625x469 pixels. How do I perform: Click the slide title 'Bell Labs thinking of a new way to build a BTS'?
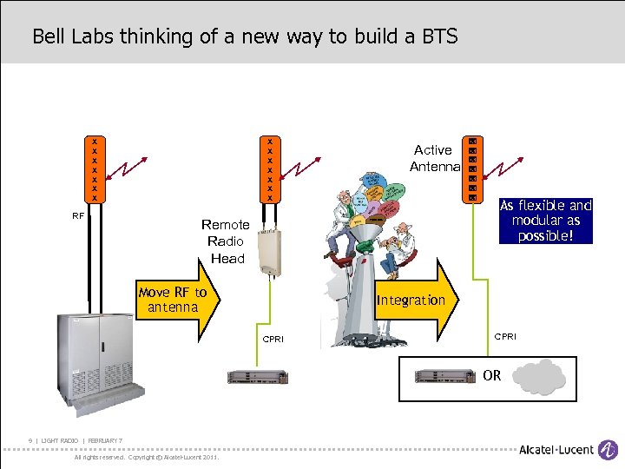click(x=245, y=36)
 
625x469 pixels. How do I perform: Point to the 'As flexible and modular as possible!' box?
click(x=545, y=221)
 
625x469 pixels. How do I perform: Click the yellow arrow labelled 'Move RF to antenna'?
click(x=178, y=300)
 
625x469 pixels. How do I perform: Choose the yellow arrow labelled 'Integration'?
click(x=412, y=300)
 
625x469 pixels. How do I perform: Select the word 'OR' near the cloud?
click(x=492, y=376)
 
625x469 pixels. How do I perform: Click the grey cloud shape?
click(x=539, y=377)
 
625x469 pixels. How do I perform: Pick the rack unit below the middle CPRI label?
click(x=258, y=376)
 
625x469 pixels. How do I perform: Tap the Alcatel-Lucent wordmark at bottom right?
click(x=556, y=450)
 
